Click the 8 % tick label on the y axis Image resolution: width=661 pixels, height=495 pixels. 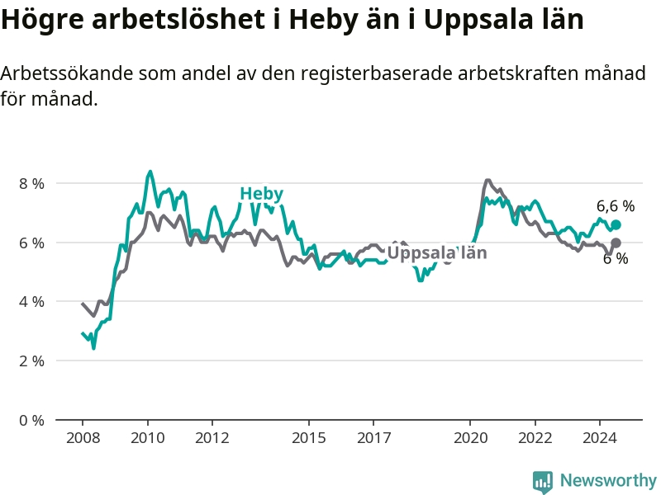point(31,183)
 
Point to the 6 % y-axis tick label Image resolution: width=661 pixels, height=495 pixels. point(31,243)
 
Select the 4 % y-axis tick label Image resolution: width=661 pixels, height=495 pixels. point(31,302)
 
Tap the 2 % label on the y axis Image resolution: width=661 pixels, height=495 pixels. point(31,361)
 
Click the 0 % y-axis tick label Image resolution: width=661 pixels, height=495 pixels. point(31,420)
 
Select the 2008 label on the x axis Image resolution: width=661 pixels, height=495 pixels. point(83,438)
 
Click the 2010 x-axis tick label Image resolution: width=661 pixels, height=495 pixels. point(148,438)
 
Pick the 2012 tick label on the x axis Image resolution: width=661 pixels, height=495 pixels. point(212,438)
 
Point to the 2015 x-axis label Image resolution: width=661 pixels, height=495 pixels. point(309,438)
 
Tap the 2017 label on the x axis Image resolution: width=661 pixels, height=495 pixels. point(374,438)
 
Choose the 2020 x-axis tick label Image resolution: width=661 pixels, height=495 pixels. point(470,438)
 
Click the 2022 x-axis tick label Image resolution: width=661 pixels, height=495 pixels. point(535,438)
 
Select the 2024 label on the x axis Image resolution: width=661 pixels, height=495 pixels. point(600,438)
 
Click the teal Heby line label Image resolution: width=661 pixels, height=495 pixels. point(261,194)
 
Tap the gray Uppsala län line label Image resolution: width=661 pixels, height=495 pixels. point(437,252)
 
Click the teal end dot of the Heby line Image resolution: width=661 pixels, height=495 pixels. point(616,224)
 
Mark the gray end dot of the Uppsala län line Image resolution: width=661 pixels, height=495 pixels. point(616,243)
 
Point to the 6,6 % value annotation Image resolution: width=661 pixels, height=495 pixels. point(616,205)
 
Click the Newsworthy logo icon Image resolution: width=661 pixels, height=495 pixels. point(543,482)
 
